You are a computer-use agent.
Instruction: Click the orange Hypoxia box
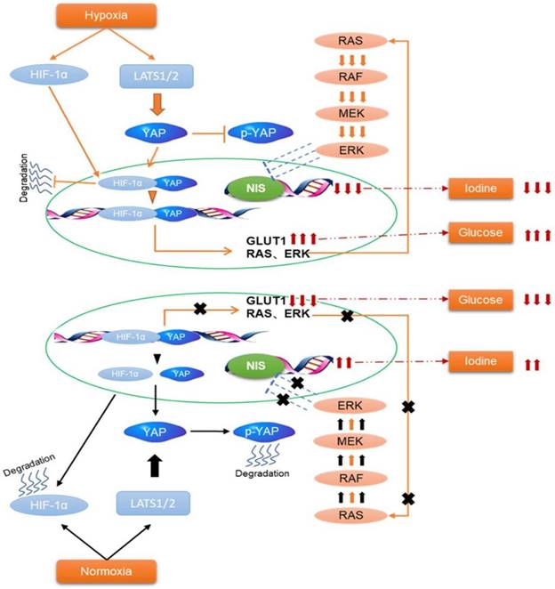109,13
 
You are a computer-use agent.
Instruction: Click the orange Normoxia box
109,569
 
